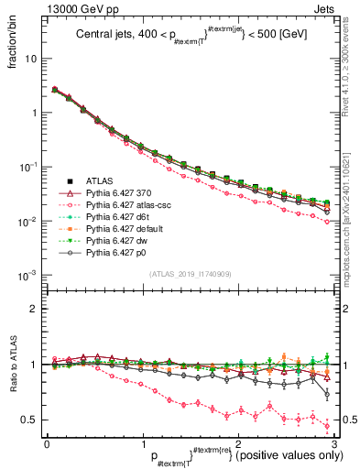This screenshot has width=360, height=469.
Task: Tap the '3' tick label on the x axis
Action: coord(334,442)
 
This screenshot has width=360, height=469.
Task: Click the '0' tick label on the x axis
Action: coord(47,442)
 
